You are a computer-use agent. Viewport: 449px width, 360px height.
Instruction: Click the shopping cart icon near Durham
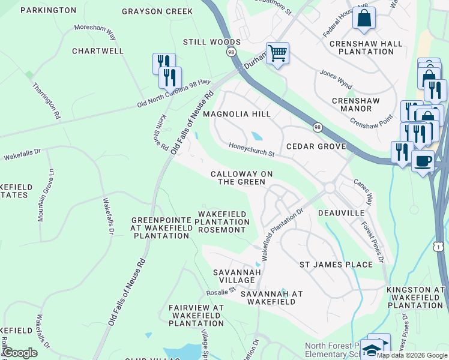pos(277,53)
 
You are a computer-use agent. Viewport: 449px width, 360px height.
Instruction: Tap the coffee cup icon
pos(423,161)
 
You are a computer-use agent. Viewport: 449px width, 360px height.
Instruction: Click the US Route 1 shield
pos(439,247)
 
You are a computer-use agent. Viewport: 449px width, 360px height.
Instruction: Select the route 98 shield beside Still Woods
pos(231,53)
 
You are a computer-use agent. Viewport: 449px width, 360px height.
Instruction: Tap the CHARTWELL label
pos(98,51)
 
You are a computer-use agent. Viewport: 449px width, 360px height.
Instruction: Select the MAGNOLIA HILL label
pos(237,113)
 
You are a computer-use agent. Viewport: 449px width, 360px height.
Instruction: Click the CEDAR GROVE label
pos(316,146)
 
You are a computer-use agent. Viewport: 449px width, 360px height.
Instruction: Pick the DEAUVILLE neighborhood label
pos(342,213)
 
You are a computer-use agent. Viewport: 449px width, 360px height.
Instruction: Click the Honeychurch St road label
pos(252,150)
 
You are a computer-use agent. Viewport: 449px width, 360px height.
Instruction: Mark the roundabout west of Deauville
pos(330,188)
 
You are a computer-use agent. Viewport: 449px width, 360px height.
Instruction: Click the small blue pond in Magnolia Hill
pos(256,136)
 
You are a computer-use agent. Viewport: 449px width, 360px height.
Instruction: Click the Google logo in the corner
pos(20,353)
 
